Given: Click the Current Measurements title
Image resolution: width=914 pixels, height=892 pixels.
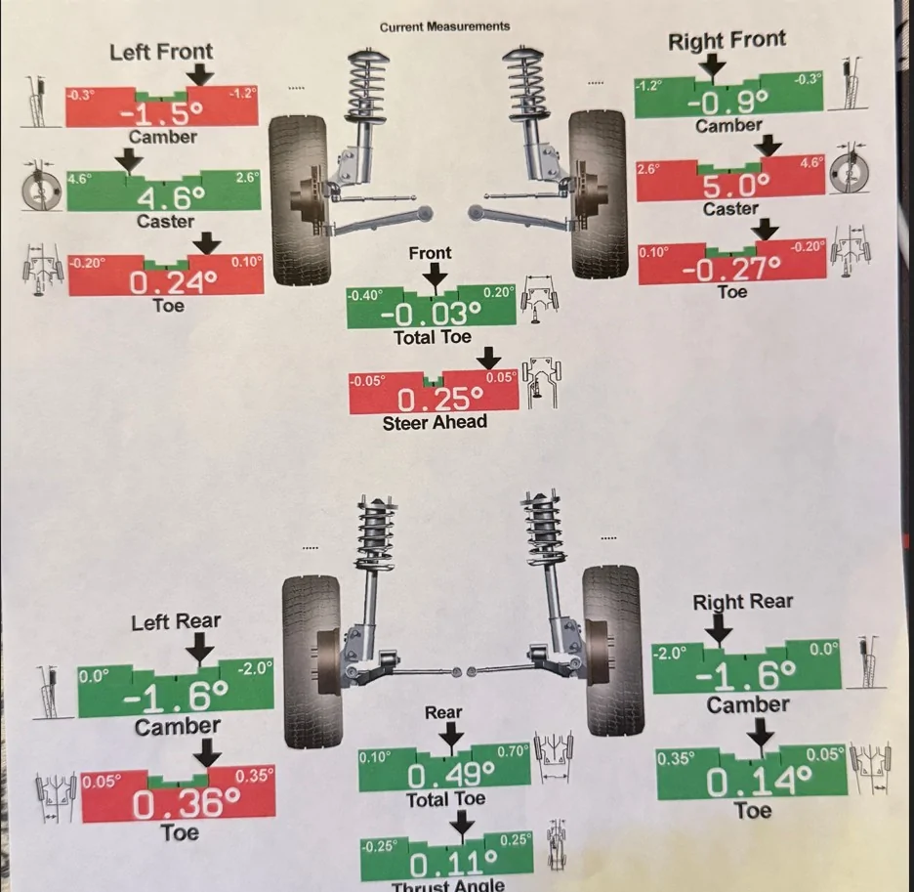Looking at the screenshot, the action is pyautogui.click(x=444, y=26).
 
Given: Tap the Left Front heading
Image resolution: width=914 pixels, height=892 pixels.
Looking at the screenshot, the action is pyautogui.click(x=161, y=52).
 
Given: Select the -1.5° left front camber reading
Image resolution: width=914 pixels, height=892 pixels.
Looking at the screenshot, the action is pyautogui.click(x=162, y=112).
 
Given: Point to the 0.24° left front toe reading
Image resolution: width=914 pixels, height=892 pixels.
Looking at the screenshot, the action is pyautogui.click(x=173, y=283).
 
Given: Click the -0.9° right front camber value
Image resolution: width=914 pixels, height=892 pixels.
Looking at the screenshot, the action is pyautogui.click(x=728, y=103).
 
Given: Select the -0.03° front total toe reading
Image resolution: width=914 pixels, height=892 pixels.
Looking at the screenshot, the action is pyautogui.click(x=432, y=315).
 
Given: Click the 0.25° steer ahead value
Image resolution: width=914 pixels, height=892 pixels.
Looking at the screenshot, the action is pyautogui.click(x=440, y=401).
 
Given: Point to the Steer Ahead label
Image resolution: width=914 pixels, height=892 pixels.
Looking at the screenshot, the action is pyautogui.click(x=435, y=422).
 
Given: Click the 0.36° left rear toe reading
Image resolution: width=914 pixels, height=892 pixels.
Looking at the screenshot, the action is pyautogui.click(x=186, y=804).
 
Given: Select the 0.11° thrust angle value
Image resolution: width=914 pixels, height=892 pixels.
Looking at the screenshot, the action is pyautogui.click(x=453, y=864).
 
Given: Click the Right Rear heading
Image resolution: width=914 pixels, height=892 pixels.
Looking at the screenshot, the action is pyautogui.click(x=742, y=602).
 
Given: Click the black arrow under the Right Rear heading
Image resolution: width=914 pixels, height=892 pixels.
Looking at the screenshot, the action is pyautogui.click(x=720, y=628).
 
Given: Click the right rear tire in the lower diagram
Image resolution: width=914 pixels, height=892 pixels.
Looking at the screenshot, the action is pyautogui.click(x=612, y=651).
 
